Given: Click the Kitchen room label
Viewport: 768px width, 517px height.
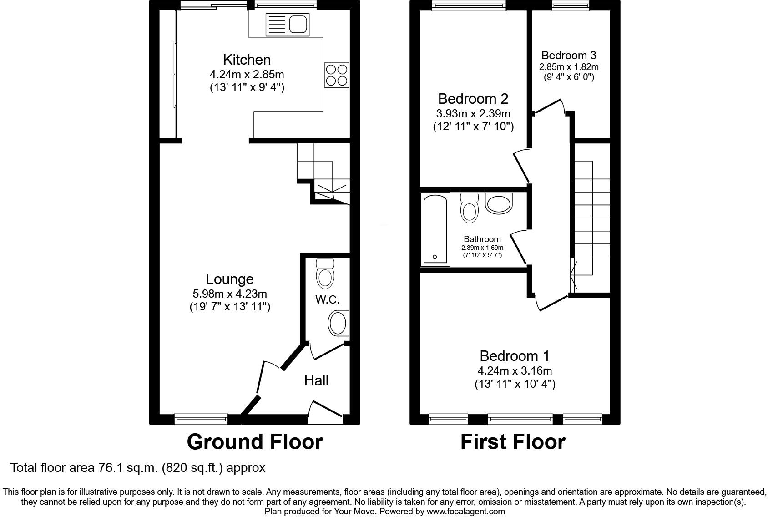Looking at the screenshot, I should (x=247, y=60).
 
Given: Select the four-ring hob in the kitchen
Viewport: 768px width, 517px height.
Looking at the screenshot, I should (x=336, y=75).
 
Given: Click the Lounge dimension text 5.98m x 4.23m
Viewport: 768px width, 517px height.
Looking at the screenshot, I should (x=230, y=294).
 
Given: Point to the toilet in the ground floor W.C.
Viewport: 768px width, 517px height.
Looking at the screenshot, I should (x=325, y=274).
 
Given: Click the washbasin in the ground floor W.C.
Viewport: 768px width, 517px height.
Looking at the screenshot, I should (x=338, y=324).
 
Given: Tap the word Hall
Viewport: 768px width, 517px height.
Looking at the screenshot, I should (x=316, y=380).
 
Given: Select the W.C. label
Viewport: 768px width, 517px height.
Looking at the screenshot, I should (x=327, y=299).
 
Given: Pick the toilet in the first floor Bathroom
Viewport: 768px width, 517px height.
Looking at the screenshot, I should (x=469, y=208).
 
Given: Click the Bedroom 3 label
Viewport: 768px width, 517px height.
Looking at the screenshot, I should (x=569, y=56).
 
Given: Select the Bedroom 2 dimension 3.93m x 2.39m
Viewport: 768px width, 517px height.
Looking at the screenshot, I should (x=473, y=113).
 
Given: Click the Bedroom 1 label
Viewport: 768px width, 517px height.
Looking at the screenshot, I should (x=515, y=355).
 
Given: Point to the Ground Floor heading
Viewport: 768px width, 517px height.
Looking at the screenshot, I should (x=255, y=442).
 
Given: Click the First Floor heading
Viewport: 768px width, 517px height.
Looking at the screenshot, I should (x=513, y=442).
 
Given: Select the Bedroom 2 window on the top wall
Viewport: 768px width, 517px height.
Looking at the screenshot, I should (x=469, y=5).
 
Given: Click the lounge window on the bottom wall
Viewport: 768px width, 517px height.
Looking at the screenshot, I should (x=201, y=419).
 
